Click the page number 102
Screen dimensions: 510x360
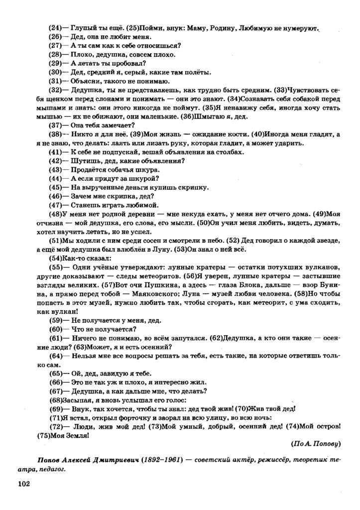(x=25, y=483)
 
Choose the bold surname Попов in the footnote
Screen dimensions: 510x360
(x=50, y=458)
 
